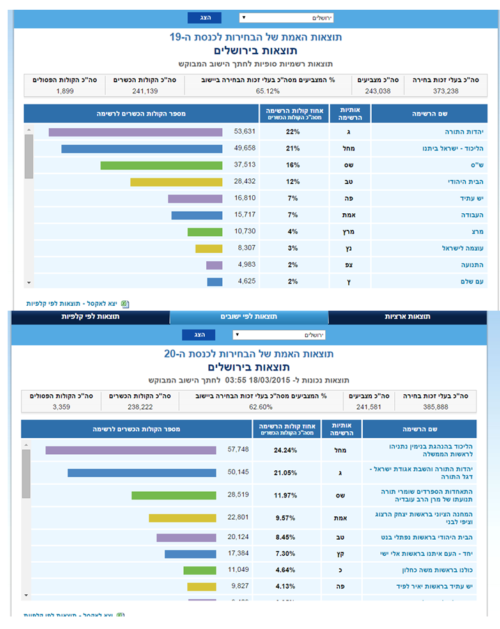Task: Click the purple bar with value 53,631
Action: coord(135,132)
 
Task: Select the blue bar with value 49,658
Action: coord(141,148)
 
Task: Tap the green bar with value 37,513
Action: coord(161,165)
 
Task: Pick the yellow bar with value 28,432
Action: coord(176,182)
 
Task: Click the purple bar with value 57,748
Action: coord(131,450)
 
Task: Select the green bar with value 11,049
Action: coord(200,570)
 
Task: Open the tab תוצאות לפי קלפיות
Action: coord(91,317)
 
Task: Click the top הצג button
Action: coord(204,17)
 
